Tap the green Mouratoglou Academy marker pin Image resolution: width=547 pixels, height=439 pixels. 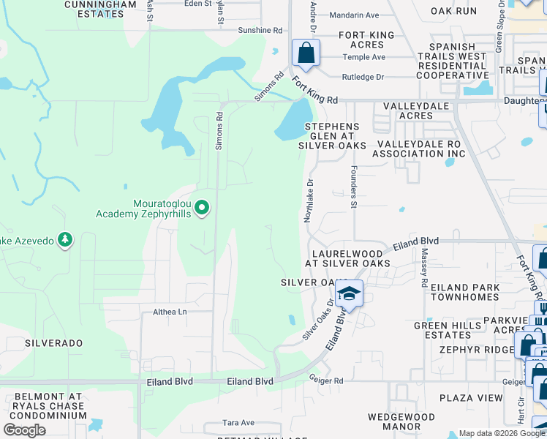[203, 209]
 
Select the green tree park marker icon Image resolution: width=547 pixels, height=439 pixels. [65, 239]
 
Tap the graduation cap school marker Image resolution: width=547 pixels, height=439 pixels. [350, 294]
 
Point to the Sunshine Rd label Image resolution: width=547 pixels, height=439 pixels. [260, 31]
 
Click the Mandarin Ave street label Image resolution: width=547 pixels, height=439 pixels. [354, 15]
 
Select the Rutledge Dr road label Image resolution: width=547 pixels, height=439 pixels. [363, 77]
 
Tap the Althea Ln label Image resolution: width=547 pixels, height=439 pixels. [170, 312]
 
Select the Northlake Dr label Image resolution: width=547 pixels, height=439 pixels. [309, 200]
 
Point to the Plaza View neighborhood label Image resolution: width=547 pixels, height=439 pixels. [471, 398]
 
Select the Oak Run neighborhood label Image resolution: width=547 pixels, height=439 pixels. [453, 11]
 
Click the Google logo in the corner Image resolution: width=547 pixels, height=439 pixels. [24, 430]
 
